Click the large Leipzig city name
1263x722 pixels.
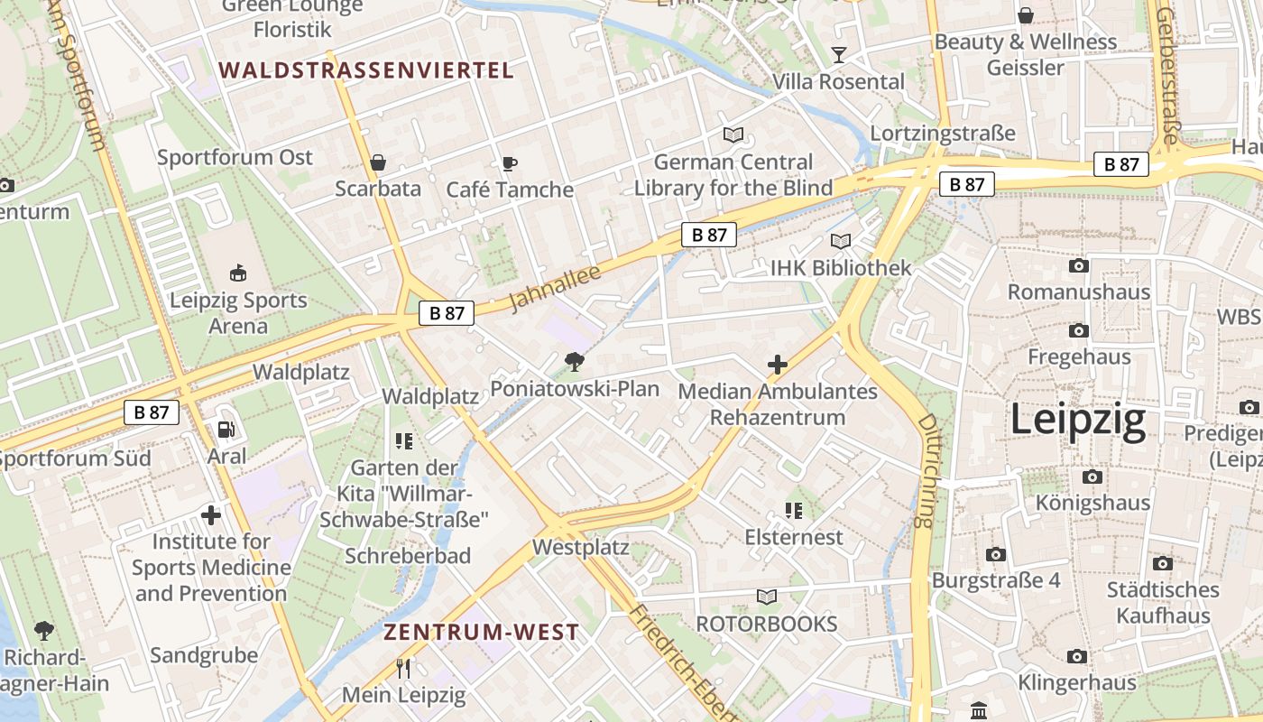[1078, 420]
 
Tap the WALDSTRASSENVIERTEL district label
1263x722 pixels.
[366, 69]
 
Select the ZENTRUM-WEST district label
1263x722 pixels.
[481, 632]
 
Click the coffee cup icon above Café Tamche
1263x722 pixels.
[509, 164]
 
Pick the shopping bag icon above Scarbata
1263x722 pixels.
[378, 163]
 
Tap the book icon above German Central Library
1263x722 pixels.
[733, 135]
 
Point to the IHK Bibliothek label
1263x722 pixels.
[841, 268]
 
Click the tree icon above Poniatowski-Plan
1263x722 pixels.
[574, 363]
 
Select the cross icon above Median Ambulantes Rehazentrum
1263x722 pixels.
[777, 365]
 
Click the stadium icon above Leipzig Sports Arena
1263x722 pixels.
[238, 273]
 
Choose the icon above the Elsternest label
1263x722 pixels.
[794, 512]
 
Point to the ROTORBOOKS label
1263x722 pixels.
[767, 624]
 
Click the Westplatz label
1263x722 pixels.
[580, 547]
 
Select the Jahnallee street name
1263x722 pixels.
[555, 288]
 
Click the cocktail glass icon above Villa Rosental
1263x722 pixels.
[839, 55]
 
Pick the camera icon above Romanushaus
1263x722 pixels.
[1078, 266]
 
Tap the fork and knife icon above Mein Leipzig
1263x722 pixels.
[403, 669]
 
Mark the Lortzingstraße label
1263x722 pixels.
[943, 134]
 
